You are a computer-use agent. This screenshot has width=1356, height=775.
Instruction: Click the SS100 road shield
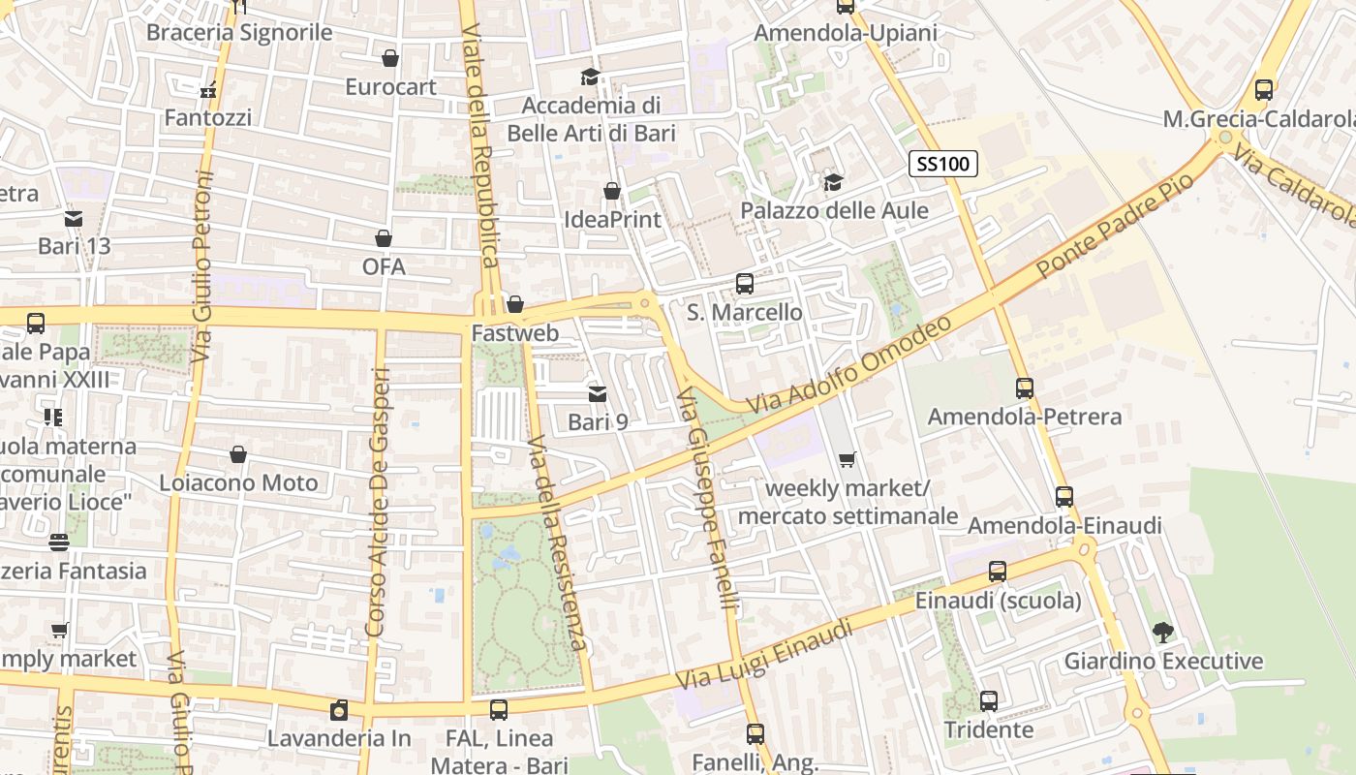[942, 164]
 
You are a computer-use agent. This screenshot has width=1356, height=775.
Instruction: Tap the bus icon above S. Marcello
[744, 284]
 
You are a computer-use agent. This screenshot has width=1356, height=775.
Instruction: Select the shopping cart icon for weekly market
[847, 460]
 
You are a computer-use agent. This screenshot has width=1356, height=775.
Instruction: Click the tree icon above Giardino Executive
[1162, 633]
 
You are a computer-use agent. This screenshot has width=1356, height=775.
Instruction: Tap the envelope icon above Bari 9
[598, 393]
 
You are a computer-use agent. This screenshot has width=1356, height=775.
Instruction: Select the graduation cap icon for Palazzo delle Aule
[833, 182]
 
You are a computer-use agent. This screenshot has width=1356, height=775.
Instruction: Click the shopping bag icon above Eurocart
[390, 59]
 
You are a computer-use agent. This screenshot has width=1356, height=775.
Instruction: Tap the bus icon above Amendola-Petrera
[1025, 388]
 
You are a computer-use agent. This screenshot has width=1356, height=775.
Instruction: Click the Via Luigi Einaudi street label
[764, 656]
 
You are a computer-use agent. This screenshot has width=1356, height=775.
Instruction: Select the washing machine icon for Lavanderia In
[339, 710]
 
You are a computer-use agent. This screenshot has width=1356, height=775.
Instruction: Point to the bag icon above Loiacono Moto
[238, 454]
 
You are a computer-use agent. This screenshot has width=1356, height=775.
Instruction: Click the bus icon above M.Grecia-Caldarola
[1264, 90]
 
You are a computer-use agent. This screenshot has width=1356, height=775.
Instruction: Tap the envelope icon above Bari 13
[74, 218]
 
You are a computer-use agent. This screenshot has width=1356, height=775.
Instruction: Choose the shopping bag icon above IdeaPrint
[612, 192]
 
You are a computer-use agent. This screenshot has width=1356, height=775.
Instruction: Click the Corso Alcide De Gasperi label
[377, 502]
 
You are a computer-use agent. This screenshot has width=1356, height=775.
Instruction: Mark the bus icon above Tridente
[988, 701]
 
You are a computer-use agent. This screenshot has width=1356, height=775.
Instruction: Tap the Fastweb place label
[514, 333]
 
